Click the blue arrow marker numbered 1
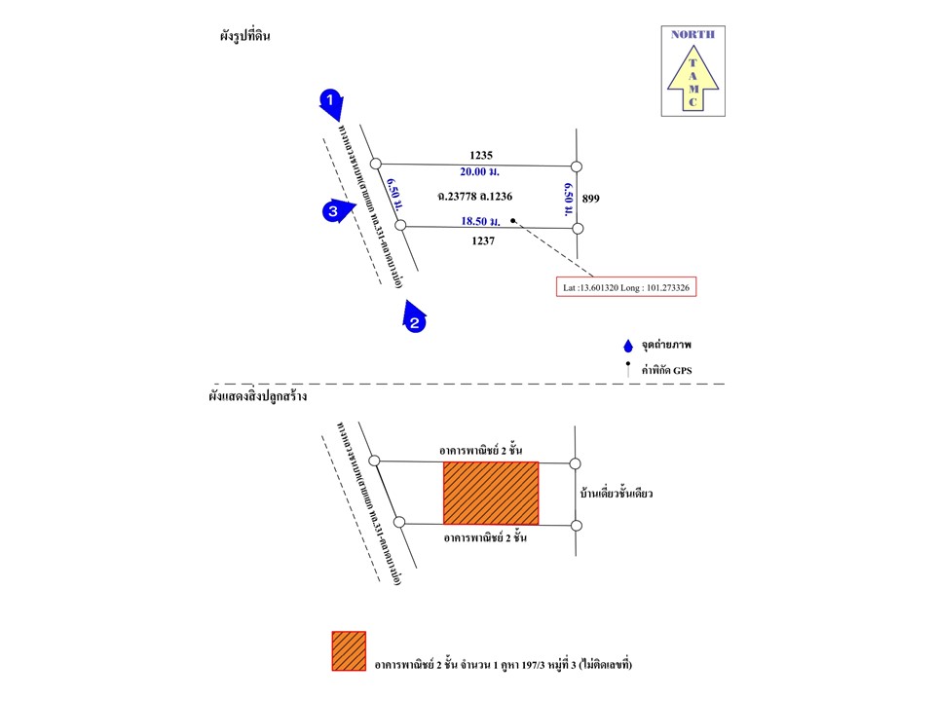point(331,101)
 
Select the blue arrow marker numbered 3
point(334,210)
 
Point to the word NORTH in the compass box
point(692,34)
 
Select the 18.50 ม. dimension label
point(481,222)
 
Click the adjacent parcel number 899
point(590,199)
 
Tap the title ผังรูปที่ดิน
point(244,36)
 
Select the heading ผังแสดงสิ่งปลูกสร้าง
point(256,397)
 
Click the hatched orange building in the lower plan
point(491,493)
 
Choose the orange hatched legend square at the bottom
point(349,650)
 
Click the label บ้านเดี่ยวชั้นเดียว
point(617,494)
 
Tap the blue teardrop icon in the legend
point(628,346)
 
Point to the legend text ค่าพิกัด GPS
point(672,370)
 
